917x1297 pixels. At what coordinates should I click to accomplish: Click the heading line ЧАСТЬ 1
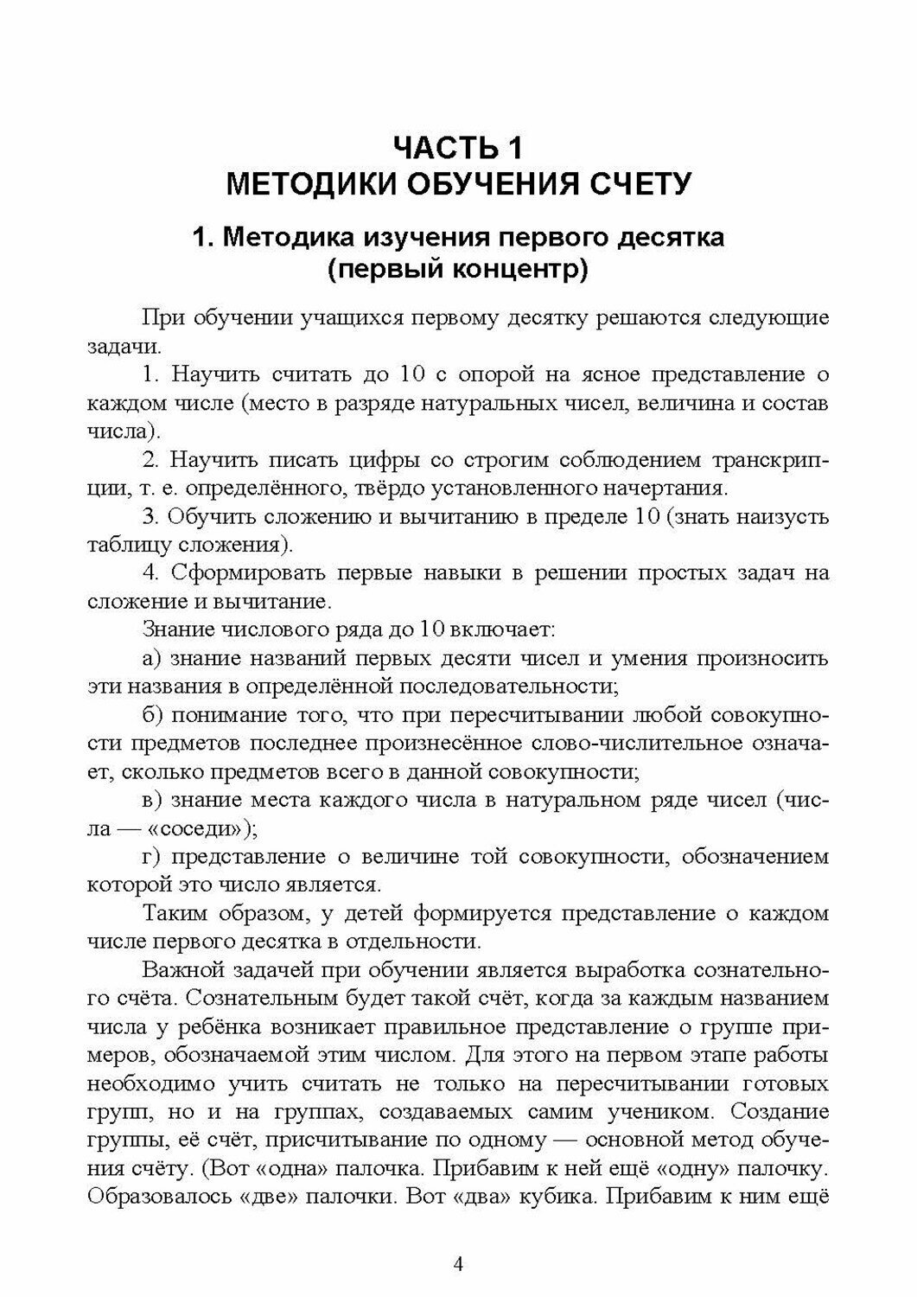458,146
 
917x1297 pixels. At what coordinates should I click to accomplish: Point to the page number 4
459,1265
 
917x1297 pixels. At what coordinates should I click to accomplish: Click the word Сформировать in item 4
250,572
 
